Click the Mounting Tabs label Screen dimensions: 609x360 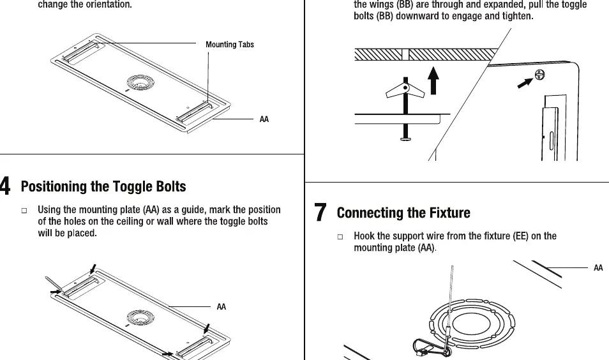coord(230,45)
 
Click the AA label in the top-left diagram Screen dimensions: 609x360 coord(264,119)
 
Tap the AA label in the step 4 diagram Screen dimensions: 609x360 coord(221,307)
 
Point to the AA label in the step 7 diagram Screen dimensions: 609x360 coord(598,267)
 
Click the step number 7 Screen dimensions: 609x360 coord(320,212)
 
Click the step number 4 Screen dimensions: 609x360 coord(4,186)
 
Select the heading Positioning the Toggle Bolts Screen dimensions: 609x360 coord(103,186)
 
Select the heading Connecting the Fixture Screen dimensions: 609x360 coord(403,213)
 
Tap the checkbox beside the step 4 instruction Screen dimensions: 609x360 coord(24,211)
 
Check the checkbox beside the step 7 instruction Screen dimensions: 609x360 coord(340,237)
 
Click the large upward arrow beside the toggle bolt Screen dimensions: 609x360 coord(433,80)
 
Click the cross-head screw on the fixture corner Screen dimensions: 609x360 coord(540,75)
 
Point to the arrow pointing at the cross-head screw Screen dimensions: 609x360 coord(525,83)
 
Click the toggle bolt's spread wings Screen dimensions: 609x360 coord(405,89)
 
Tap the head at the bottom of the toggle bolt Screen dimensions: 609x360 coord(405,138)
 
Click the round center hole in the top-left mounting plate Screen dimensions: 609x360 coord(140,82)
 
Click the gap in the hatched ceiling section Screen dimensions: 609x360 coord(405,55)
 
